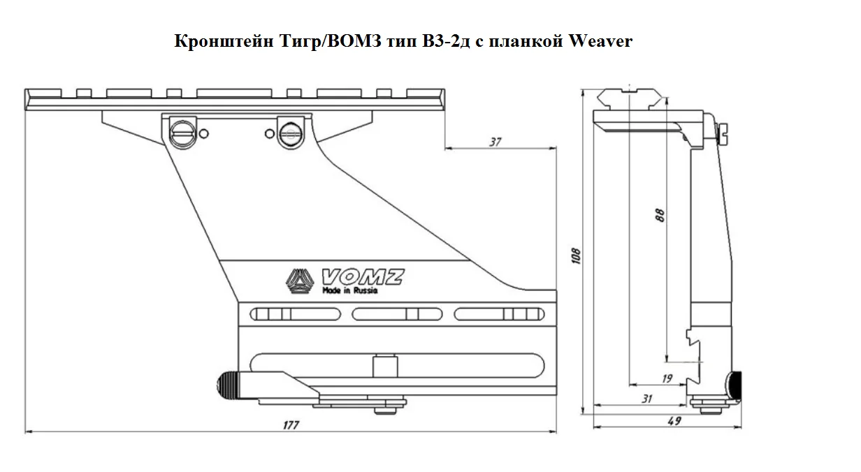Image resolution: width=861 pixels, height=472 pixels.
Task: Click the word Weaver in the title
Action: point(600,41)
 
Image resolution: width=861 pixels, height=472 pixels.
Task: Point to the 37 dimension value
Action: point(495,142)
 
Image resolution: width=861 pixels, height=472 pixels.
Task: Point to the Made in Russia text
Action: point(349,290)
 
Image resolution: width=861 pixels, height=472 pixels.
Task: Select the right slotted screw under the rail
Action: point(289,132)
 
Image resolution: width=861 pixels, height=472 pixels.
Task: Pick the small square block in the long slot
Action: point(382,366)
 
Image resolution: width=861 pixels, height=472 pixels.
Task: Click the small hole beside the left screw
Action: point(203,133)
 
